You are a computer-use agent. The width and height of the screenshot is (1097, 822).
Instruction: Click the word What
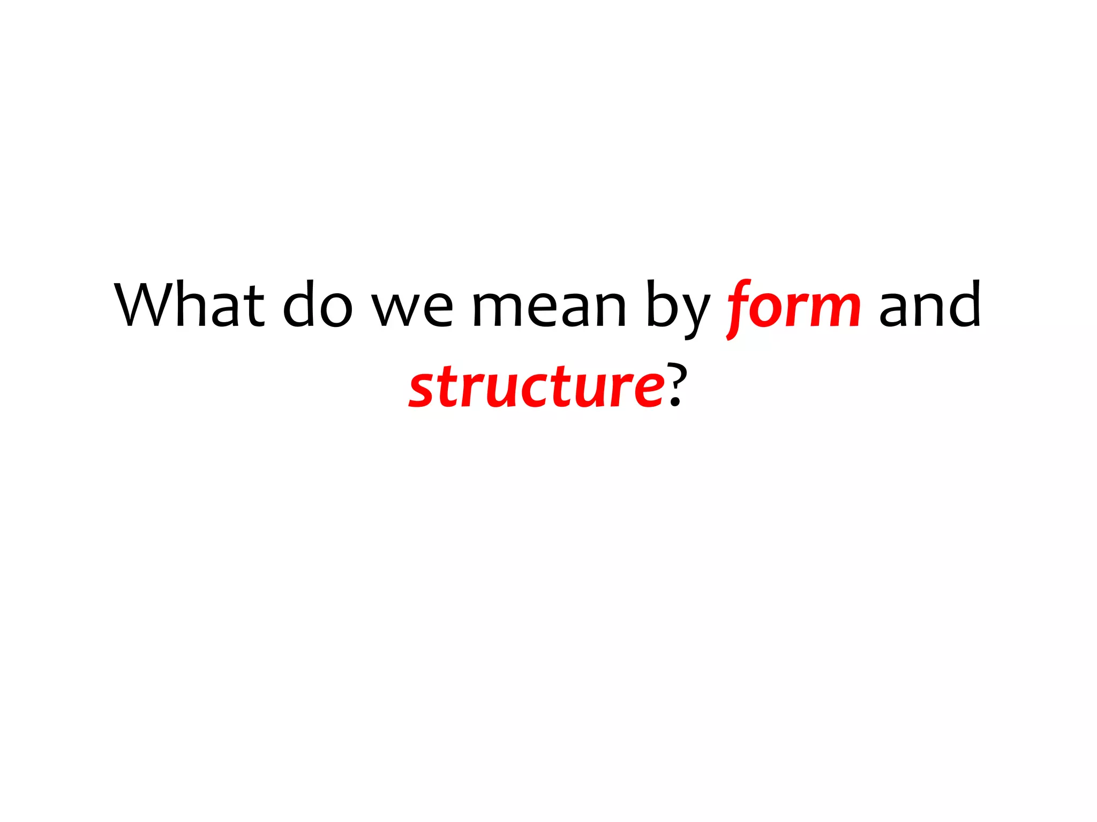[190, 305]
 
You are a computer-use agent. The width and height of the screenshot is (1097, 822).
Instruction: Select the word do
[317, 305]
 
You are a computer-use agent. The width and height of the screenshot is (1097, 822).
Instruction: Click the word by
[678, 308]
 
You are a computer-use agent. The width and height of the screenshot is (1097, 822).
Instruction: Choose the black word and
[929, 305]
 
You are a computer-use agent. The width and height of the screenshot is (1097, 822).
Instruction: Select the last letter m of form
[835, 310]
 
